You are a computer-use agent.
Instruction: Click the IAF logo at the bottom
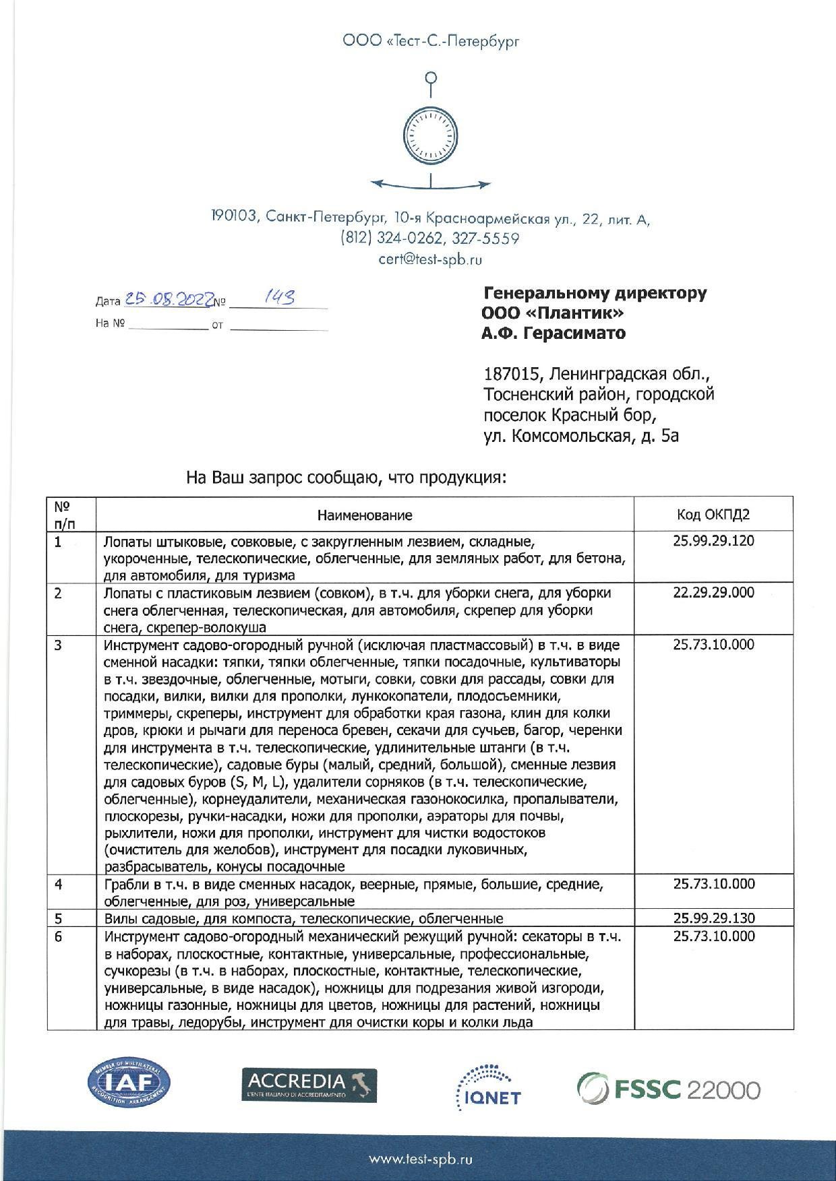click(129, 1083)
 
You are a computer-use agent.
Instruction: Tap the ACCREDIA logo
click(309, 1085)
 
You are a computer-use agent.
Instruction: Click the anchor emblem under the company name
click(430, 131)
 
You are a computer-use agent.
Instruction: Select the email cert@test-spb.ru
click(430, 259)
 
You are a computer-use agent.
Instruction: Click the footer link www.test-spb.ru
click(420, 1159)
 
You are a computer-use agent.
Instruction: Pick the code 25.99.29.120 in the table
click(713, 541)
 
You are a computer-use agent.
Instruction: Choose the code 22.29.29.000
click(713, 593)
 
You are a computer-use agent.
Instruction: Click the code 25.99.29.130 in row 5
click(713, 918)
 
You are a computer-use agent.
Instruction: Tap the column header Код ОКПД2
click(713, 515)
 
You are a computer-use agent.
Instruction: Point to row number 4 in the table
click(59, 884)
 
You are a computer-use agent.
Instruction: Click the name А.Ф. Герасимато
click(554, 333)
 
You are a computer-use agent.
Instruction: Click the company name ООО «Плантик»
click(552, 313)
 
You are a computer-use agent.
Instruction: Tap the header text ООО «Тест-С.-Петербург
click(431, 42)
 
